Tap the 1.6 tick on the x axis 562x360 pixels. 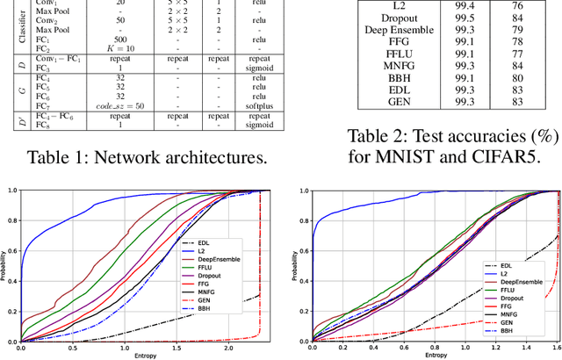556,349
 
